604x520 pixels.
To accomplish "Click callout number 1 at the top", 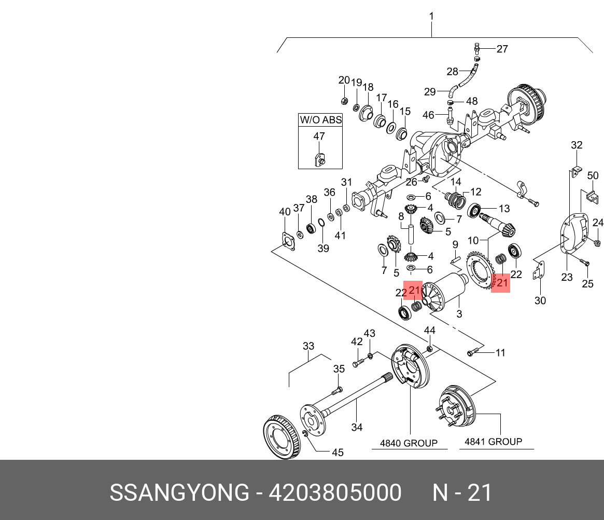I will [x=431, y=17].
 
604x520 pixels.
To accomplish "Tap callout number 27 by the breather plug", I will [x=502, y=49].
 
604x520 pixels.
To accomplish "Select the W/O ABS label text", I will [x=320, y=120].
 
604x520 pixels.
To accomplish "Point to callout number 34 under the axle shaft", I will [x=357, y=427].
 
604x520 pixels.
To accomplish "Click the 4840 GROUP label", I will [x=409, y=443].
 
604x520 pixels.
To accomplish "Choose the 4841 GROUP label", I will [x=493, y=442].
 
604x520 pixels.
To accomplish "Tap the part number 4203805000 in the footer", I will [x=334, y=493].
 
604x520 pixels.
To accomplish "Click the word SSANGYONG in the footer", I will [x=179, y=493].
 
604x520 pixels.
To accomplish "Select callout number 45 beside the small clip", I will [x=338, y=453].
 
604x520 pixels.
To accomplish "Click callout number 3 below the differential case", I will [x=459, y=314].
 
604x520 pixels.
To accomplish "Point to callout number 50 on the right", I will [x=593, y=175].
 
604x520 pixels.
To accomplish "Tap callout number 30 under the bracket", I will [x=540, y=300].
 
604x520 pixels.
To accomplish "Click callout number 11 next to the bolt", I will [x=500, y=353].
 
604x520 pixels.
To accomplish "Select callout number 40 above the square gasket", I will [x=285, y=212].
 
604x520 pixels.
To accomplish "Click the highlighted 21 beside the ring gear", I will [x=502, y=283].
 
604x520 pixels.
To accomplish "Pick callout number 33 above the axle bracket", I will [x=308, y=346].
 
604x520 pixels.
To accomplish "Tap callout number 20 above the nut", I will [x=344, y=80].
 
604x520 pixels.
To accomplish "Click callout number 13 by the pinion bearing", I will [x=504, y=209].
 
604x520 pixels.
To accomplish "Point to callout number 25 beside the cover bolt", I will [x=587, y=284].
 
